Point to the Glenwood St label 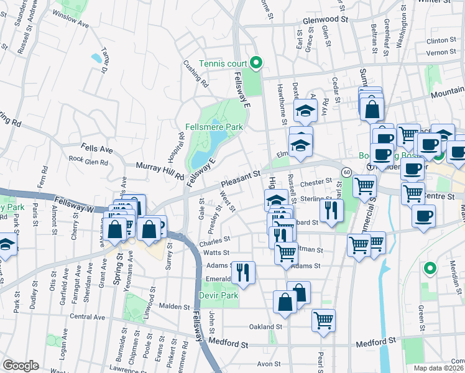[x=325, y=20]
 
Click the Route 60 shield [x=346, y=171]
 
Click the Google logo [x=21, y=366]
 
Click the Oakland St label [x=265, y=326]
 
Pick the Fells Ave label [x=97, y=150]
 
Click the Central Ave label [x=88, y=316]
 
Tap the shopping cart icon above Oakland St [x=323, y=320]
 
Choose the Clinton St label [x=441, y=40]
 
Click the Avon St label [x=270, y=364]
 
